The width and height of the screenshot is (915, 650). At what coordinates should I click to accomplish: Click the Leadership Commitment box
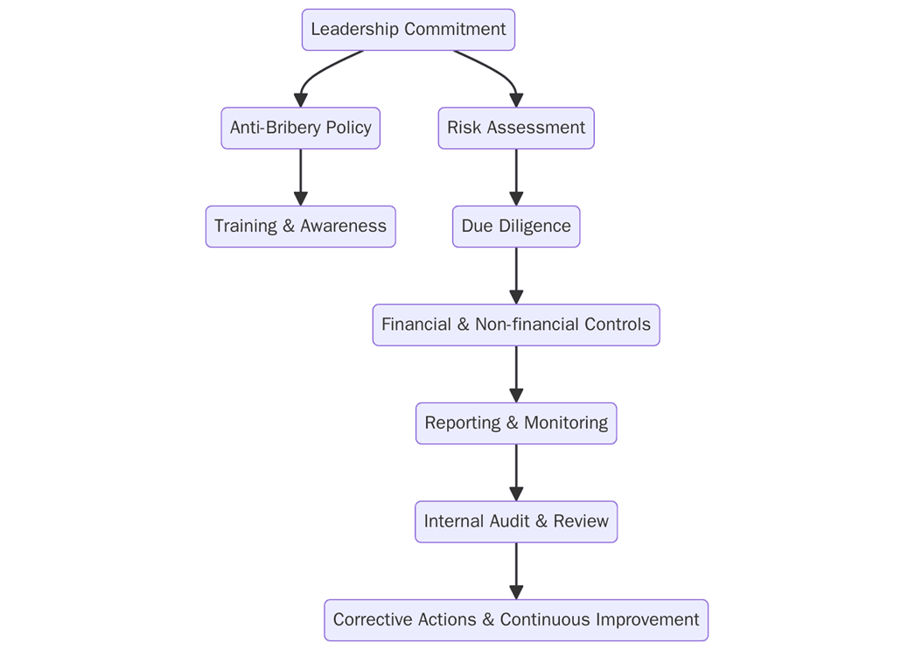coord(408,30)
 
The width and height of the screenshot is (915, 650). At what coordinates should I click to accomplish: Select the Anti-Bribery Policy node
coord(300,128)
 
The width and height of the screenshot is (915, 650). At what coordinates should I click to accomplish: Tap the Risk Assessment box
coord(515,128)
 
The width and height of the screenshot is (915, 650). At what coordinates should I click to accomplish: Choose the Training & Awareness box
coord(300,227)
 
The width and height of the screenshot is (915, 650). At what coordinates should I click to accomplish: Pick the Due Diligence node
coord(515,227)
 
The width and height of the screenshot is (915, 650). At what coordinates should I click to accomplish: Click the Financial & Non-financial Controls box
coord(515,325)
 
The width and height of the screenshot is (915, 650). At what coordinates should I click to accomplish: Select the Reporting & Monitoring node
coord(515,423)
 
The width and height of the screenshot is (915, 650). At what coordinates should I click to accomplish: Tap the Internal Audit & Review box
coord(515,521)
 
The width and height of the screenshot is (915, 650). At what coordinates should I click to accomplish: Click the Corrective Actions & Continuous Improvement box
coord(515,620)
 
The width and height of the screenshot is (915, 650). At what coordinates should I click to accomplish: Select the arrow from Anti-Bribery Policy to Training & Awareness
coord(300,178)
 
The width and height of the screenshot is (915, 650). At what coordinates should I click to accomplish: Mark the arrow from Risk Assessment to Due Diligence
coord(515,178)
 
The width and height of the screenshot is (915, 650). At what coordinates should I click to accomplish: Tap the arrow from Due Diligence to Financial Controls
coord(515,276)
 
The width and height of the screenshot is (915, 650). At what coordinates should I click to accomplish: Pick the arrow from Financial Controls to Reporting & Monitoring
coord(515,374)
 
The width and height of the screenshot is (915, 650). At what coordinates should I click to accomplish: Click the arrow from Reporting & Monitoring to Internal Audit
coord(515,472)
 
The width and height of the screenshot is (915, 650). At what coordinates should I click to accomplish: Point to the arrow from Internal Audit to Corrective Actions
coord(515,571)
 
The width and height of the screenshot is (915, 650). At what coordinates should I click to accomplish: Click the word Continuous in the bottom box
coord(545,620)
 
